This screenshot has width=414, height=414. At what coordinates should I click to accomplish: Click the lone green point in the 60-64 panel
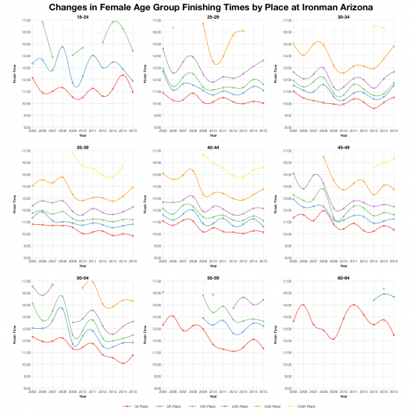click(x=383, y=289)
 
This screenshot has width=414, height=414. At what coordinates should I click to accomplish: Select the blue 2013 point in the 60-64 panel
click(x=373, y=300)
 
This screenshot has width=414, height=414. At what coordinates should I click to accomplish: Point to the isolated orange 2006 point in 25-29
click(x=173, y=27)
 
